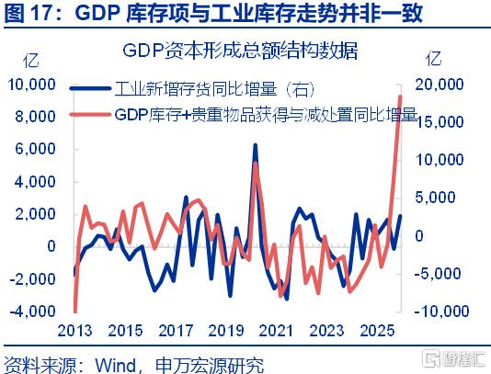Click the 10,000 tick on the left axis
(x=31, y=85)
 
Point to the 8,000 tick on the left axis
(x=35, y=117)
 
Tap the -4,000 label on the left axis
(x=32, y=311)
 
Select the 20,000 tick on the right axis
(x=440, y=85)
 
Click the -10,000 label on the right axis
(x=442, y=311)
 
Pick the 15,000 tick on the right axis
(x=440, y=122)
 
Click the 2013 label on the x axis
(x=74, y=331)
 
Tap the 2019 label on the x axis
(x=226, y=331)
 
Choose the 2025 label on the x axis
(x=377, y=331)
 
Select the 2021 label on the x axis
(x=276, y=331)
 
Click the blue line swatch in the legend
(x=90, y=88)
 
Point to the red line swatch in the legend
(x=90, y=114)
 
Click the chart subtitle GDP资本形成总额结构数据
(x=240, y=51)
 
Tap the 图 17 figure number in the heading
(x=29, y=13)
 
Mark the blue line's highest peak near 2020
(x=256, y=145)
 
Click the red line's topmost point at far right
(x=400, y=96)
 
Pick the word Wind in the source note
(x=115, y=365)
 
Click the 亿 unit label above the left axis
(x=31, y=60)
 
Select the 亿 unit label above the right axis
(x=434, y=59)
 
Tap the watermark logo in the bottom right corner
(x=453, y=358)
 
